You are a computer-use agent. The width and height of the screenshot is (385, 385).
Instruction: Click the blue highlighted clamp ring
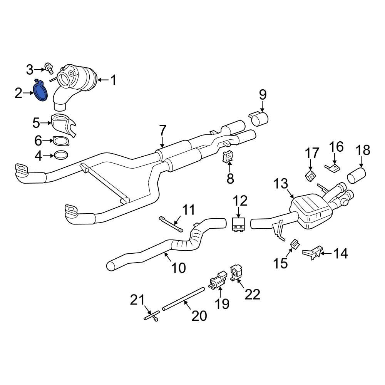pos(40,92)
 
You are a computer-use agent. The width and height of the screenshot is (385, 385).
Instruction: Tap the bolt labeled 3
pos(49,69)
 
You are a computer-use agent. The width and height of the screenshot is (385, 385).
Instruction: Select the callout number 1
pos(113,80)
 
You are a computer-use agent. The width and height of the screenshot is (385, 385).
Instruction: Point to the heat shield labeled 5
pos(63,124)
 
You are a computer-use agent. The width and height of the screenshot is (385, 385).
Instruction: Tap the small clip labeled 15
pos(294,244)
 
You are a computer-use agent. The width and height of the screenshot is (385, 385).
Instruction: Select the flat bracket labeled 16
pos(333,168)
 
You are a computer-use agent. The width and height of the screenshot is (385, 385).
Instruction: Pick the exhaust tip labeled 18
pos(357,176)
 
